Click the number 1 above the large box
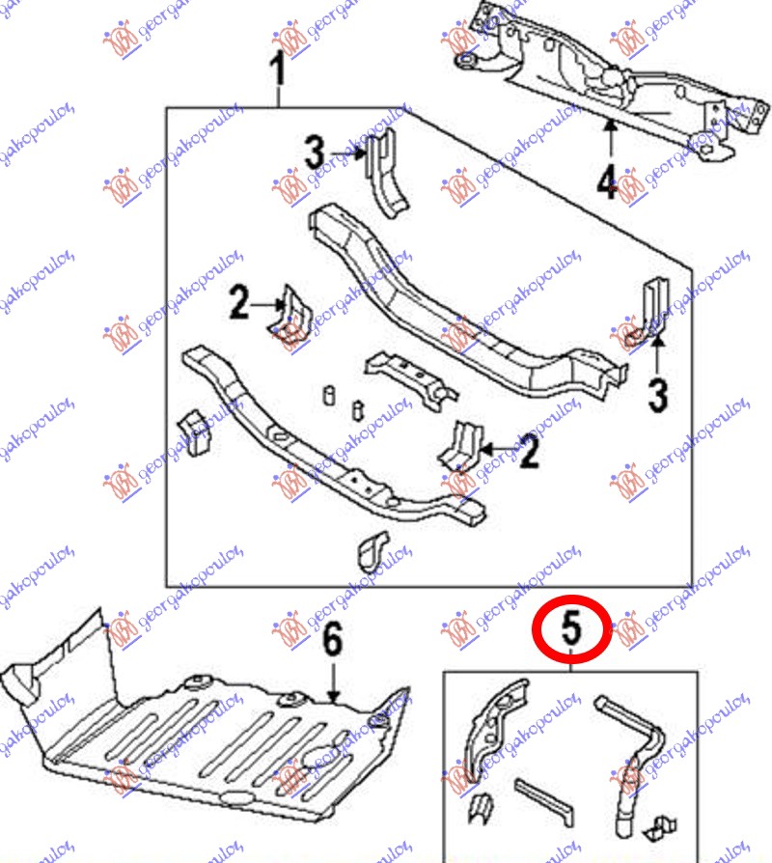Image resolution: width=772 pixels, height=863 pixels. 279,69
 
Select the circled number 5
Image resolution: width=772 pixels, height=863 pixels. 571,628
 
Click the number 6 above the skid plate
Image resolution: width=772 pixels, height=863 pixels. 332,639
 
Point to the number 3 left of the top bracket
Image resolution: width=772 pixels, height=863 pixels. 315,153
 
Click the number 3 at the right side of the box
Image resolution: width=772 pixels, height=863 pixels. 658,395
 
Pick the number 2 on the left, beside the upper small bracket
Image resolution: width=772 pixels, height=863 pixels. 239,302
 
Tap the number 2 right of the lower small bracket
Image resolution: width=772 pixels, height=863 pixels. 529,452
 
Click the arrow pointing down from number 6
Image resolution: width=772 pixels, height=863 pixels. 333,682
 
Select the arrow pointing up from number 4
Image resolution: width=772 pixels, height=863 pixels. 610,141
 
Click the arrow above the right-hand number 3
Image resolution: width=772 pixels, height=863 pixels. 657,355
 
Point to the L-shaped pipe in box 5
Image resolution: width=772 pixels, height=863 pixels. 633,766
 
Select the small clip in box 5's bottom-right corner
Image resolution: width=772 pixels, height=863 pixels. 661,828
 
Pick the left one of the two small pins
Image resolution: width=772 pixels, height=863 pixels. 329,395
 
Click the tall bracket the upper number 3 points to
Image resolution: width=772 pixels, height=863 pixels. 385,172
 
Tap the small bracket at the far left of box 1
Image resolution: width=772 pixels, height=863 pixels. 193,432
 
